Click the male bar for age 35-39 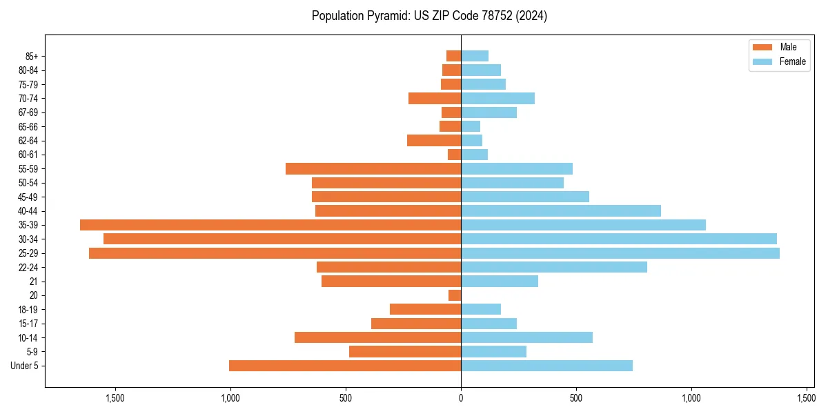click(x=270, y=225)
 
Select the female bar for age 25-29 click(x=620, y=253)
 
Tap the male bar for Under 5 click(x=345, y=366)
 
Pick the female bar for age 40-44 click(x=561, y=211)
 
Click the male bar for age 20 click(x=455, y=295)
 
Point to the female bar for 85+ click(x=475, y=56)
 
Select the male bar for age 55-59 click(x=373, y=169)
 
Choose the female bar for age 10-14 click(x=526, y=337)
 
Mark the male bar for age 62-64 click(x=434, y=141)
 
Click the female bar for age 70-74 click(x=497, y=98)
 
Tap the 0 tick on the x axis click(x=461, y=398)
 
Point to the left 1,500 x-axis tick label click(x=115, y=398)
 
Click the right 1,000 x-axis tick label click(x=691, y=398)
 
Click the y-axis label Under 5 click(x=25, y=366)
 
